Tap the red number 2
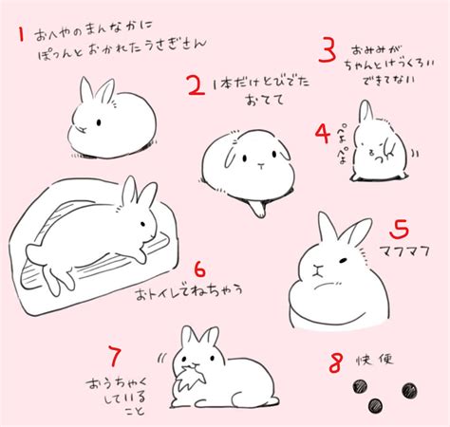pos(196,88)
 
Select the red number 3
pos(328,49)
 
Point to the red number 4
pos(323,130)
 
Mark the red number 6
pos(199,269)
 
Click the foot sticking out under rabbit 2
pos(254,207)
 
